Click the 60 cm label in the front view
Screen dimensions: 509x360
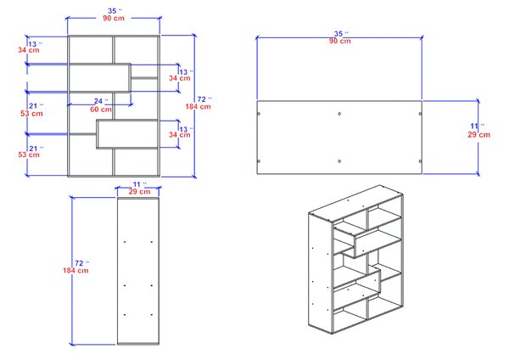pos(101,110)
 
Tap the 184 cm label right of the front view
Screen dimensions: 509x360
pos(198,107)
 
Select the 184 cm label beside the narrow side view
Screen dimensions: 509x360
pos(76,270)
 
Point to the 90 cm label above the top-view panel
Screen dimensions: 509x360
pos(340,41)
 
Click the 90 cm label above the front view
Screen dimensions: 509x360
pos(114,18)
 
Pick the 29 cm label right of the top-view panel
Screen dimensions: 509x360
pos(478,134)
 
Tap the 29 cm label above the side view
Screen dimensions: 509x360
pos(139,192)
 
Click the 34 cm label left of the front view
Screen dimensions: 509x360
pos(29,50)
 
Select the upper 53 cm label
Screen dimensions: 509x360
pos(31,114)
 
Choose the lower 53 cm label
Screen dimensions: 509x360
pos(29,155)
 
